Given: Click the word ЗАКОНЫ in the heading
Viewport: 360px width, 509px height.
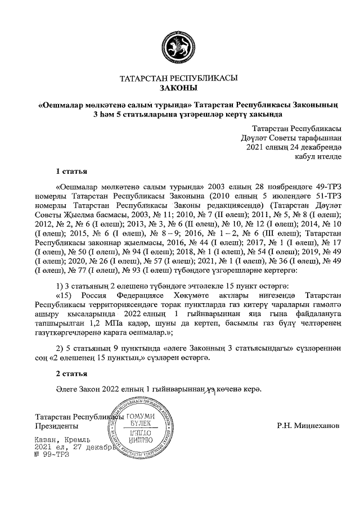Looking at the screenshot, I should click(179, 88).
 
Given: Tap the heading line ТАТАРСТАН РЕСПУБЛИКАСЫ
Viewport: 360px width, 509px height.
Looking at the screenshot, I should click(179, 79).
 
